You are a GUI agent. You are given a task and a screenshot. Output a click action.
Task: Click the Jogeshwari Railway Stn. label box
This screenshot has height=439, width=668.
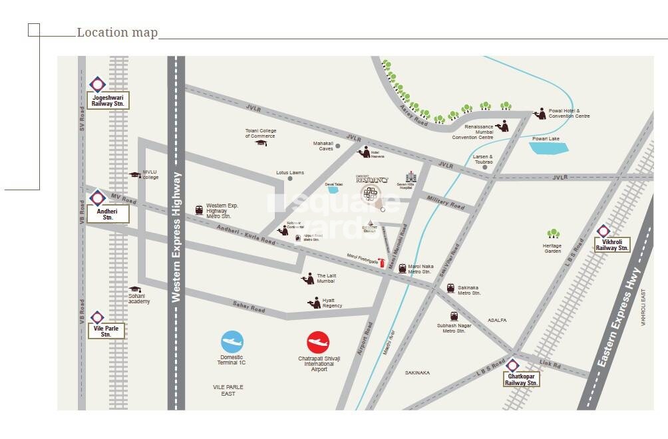pos(108,100)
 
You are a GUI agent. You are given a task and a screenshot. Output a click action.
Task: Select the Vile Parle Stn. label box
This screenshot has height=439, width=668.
pos(106,331)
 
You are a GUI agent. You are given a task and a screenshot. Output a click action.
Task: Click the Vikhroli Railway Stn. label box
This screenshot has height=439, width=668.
pos(612,244)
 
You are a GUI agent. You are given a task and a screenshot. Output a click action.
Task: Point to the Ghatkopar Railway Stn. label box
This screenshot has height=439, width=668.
pos(521,379)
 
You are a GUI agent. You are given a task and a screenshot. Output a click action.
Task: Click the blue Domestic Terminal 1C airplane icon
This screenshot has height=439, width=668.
pos(232,342)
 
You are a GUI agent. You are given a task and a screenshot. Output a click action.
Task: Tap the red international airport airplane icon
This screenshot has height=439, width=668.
pos(318,343)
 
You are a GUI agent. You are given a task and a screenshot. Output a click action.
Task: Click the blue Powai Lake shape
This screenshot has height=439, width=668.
pos(550,148)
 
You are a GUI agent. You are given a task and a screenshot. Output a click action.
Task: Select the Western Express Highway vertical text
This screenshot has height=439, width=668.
pos(176,237)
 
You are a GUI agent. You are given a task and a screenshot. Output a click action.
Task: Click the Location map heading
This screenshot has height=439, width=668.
pos(117,33)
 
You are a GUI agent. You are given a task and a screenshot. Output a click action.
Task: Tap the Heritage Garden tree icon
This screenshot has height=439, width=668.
pos(553,234)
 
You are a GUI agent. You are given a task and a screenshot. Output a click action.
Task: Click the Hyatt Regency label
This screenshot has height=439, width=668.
pos(332,303)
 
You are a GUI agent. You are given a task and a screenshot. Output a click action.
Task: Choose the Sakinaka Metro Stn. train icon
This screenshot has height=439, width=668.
pos(450,288)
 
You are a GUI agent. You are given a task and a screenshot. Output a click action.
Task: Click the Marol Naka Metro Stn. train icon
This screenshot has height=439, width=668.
pos(402,268)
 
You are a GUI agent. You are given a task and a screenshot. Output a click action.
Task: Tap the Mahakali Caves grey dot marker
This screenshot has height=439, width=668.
pos(338,146)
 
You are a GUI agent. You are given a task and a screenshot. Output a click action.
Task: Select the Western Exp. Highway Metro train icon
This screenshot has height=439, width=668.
pos(199,210)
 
